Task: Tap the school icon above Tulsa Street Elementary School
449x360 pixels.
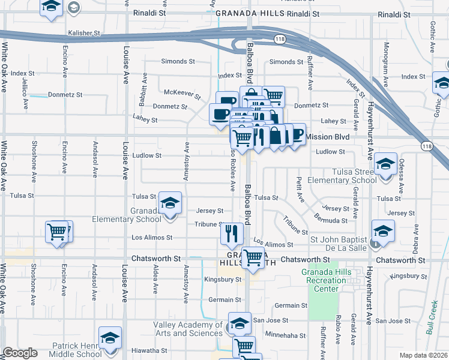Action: click(x=385, y=163)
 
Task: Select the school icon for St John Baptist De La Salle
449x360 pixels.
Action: click(x=383, y=230)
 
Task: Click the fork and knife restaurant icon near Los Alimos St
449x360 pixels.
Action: click(x=232, y=233)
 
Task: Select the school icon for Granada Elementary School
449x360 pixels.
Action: click(x=171, y=202)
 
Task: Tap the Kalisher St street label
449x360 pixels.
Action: click(x=82, y=33)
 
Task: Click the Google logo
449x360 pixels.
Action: click(x=20, y=353)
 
